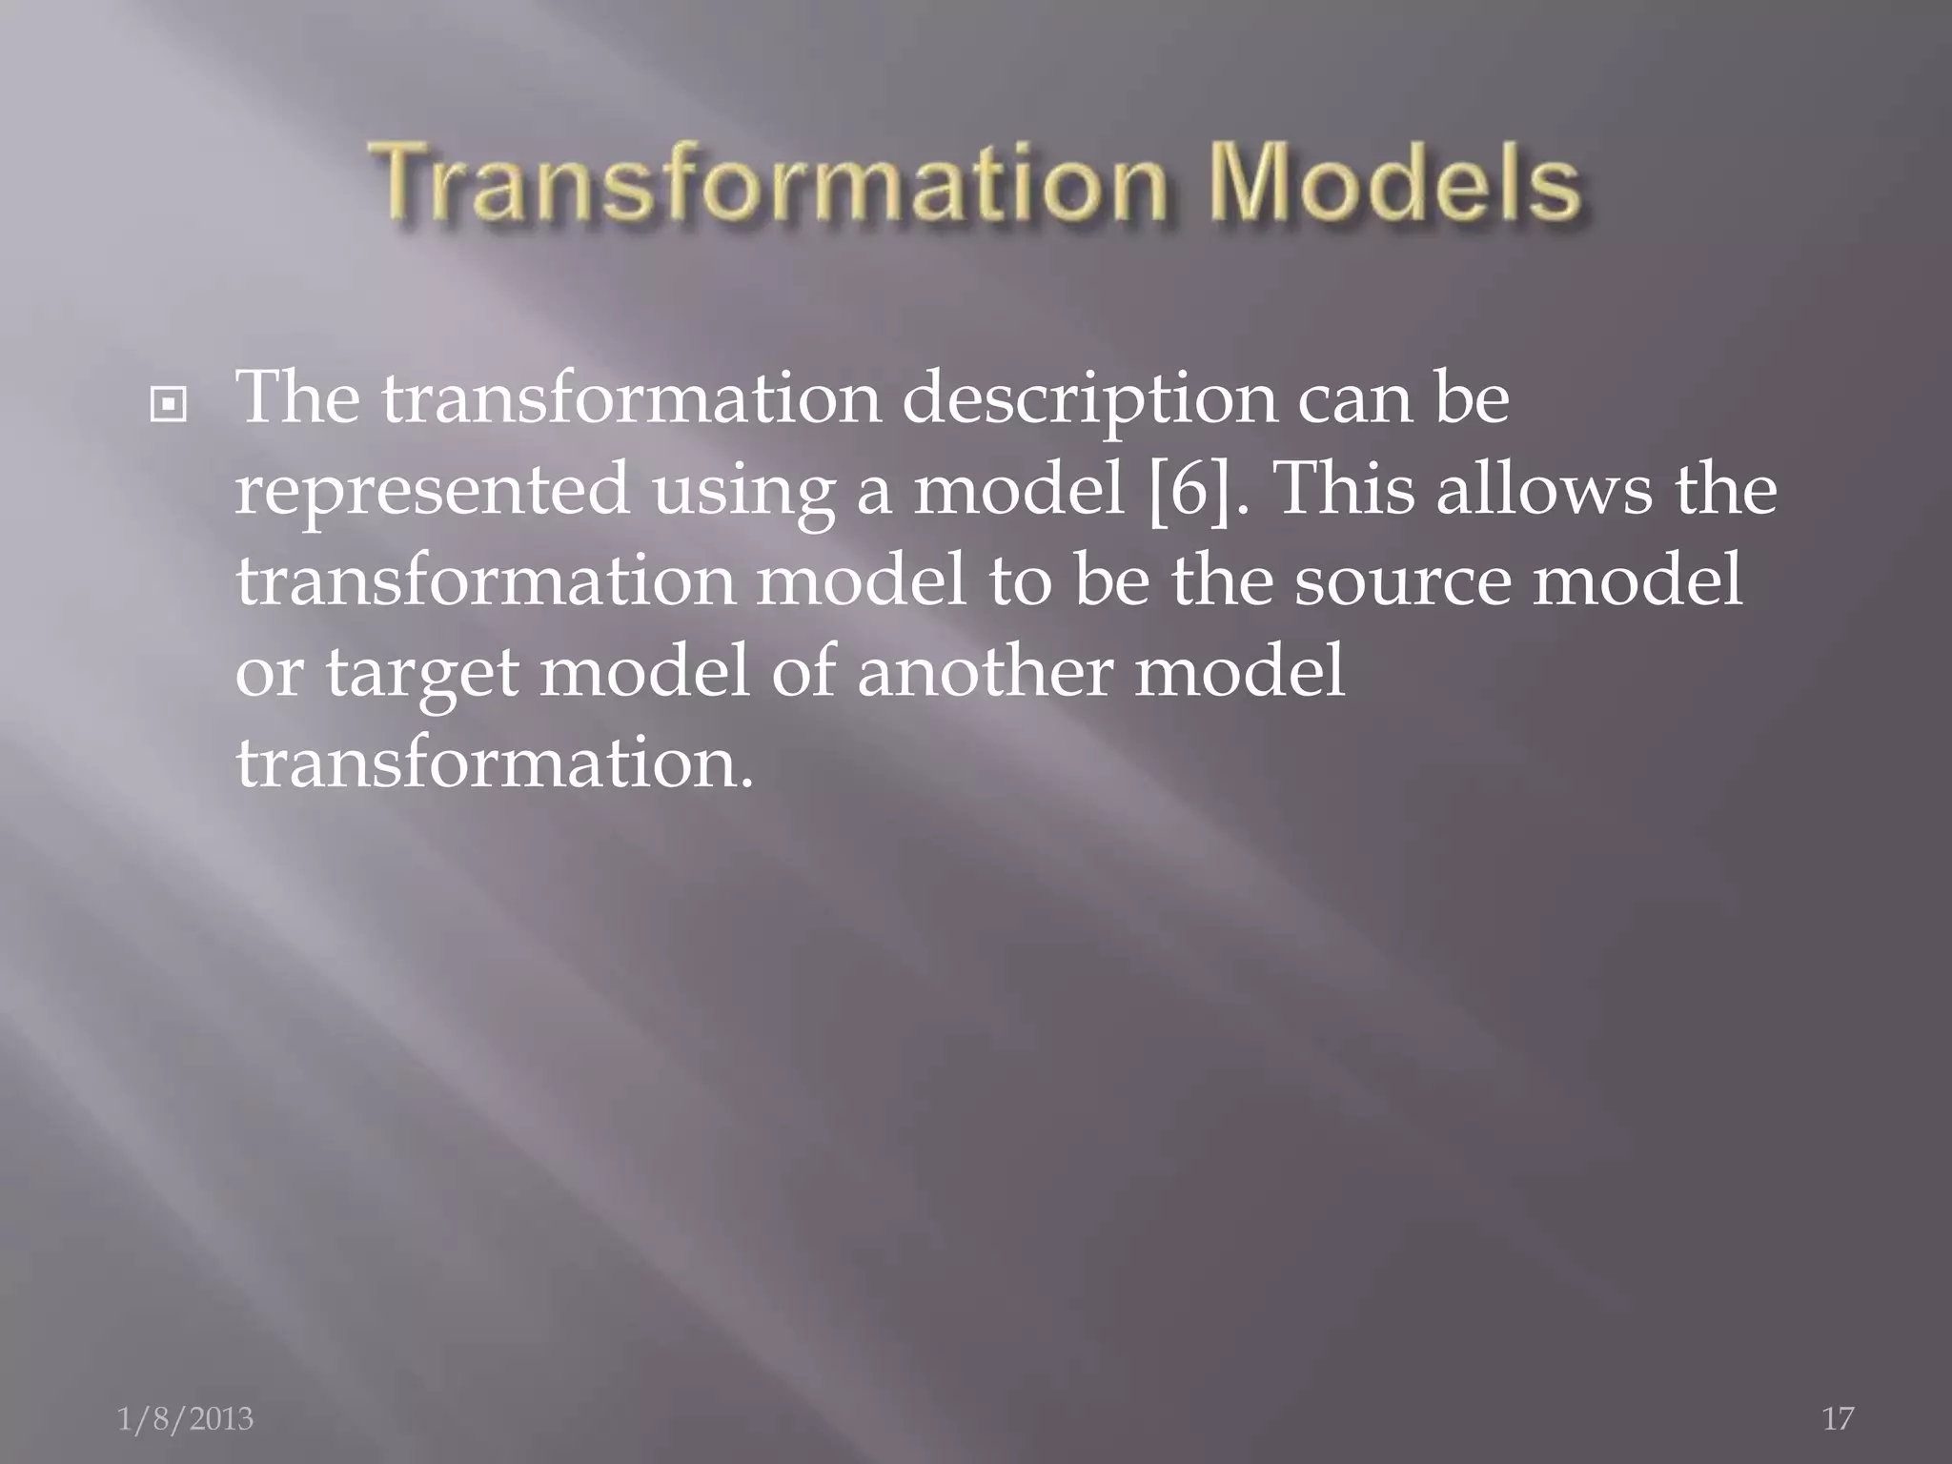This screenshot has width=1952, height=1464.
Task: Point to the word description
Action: click(1088, 400)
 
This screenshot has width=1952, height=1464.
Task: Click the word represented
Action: click(431, 489)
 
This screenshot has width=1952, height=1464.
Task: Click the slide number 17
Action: click(1838, 1418)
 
